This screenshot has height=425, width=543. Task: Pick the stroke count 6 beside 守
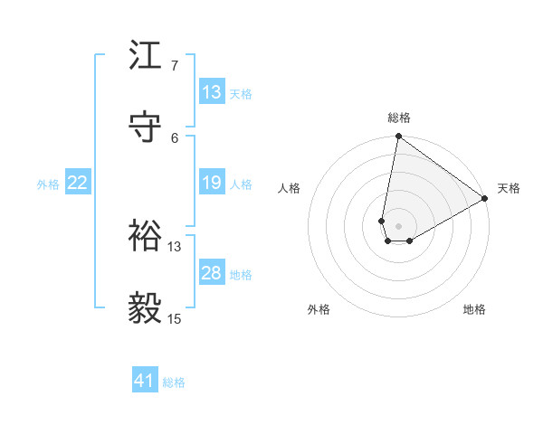(175, 137)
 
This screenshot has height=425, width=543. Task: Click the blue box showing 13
(212, 92)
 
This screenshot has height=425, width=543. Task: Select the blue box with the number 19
(212, 184)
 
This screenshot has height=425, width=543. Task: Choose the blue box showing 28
(212, 273)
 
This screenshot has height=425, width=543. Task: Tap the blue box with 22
(78, 184)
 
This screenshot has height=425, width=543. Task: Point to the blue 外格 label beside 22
(48, 184)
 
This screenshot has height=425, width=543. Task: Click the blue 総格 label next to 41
(174, 382)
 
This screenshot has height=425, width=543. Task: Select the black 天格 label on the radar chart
(509, 188)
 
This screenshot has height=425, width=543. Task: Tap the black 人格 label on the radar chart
(290, 188)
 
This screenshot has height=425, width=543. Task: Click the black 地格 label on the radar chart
(474, 309)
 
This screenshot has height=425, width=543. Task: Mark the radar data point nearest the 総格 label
(398, 137)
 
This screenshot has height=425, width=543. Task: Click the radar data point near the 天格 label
(485, 199)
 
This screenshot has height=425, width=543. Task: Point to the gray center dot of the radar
(398, 226)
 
